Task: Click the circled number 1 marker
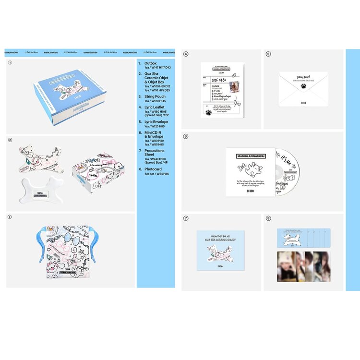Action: [x=10, y=62]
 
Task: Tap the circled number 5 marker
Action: [x=268, y=55]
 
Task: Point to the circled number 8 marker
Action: [x=268, y=218]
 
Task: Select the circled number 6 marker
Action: [x=186, y=136]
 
